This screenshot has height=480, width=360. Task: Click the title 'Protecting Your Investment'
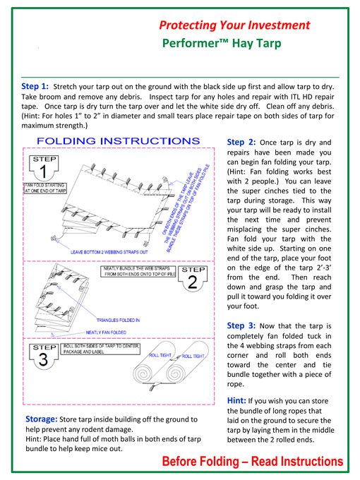tap(234, 25)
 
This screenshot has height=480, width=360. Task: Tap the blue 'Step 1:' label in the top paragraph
tap(35, 86)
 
